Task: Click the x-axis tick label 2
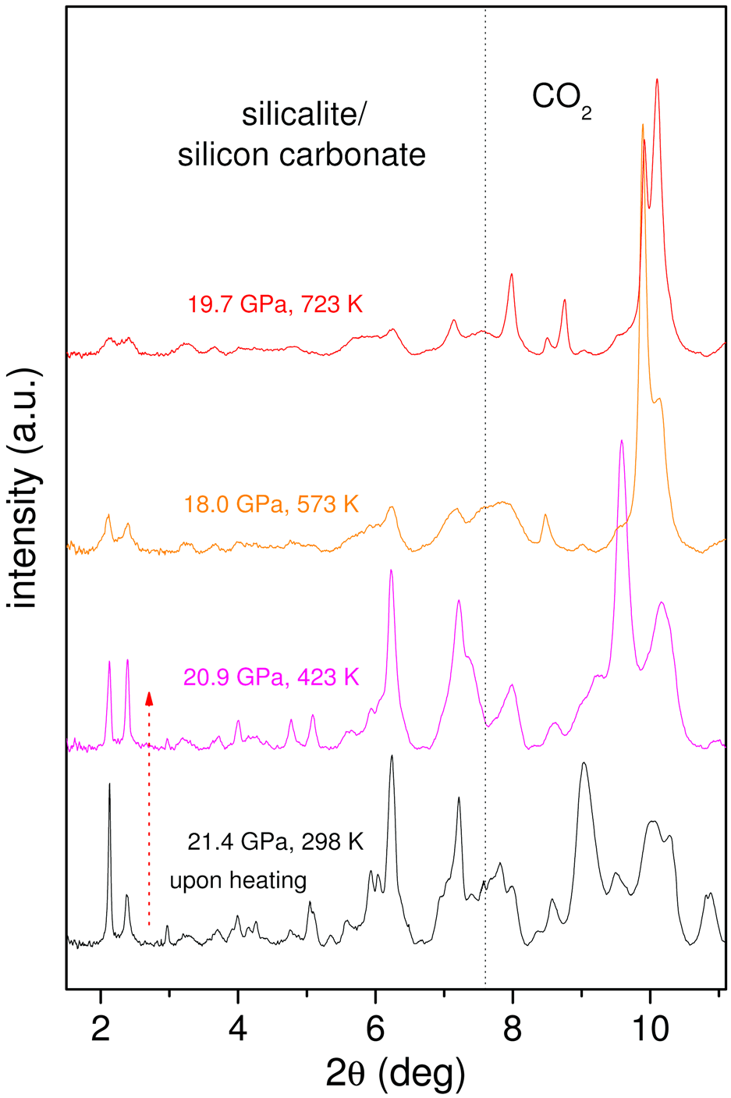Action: coord(101,1029)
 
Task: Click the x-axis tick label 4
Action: coord(238,1029)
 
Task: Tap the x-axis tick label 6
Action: coord(375,1029)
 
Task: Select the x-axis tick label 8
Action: coord(513,1029)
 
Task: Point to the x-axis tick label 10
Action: coord(650,1029)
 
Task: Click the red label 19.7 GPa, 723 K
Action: coord(275,304)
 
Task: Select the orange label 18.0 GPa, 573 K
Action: coord(271,504)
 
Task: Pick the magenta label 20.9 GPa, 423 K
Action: coord(271,677)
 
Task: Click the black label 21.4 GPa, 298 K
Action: coord(275,842)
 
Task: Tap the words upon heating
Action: coord(238,881)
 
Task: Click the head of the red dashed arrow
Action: coord(149,697)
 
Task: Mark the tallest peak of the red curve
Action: coord(658,80)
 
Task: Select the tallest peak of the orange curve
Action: coord(643,125)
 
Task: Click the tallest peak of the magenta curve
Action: coord(622,441)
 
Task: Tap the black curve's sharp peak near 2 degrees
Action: coord(109,784)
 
